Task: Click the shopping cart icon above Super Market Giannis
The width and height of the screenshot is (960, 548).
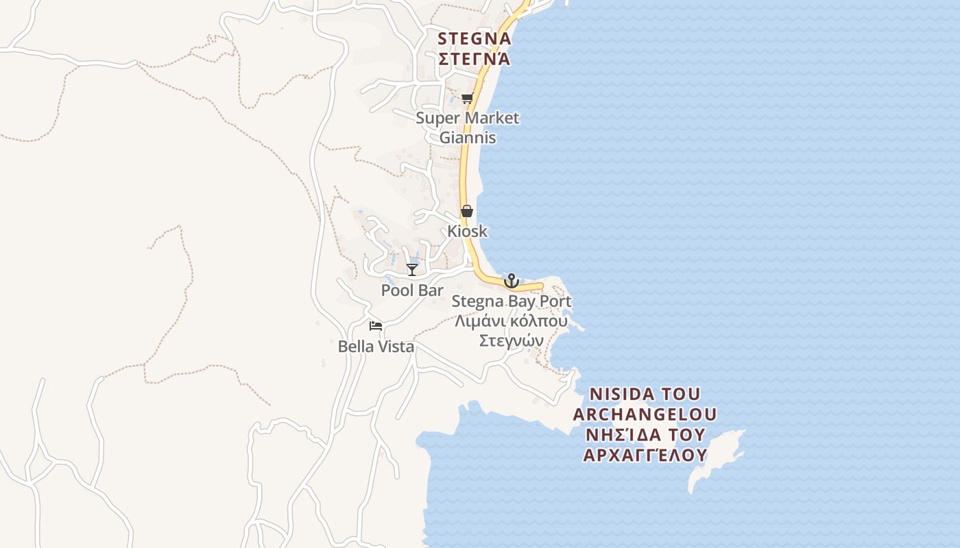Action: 467,98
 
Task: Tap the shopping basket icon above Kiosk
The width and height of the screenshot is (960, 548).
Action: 467,211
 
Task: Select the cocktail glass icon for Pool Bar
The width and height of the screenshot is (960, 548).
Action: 412,270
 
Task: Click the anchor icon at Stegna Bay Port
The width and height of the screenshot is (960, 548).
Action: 511,281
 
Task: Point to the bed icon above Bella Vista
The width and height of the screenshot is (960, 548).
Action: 376,326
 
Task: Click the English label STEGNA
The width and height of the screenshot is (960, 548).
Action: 475,38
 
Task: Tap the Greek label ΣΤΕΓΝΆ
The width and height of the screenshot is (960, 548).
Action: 475,59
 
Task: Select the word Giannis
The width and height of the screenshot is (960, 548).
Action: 468,138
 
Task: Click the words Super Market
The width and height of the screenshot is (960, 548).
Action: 468,118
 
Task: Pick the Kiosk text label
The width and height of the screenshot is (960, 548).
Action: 468,232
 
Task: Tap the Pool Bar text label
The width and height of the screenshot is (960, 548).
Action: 412,290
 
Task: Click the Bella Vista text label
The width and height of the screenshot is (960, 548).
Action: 376,347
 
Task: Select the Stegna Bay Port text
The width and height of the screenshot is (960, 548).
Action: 511,301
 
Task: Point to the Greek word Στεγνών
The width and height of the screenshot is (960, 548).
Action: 511,341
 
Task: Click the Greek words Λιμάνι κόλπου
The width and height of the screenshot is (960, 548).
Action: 511,321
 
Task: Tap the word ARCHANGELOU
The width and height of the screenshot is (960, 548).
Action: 645,414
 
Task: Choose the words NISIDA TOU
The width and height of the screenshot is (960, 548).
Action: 645,395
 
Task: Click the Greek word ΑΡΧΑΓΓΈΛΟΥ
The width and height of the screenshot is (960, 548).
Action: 645,456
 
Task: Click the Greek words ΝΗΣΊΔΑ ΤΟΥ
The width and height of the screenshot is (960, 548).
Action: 645,435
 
